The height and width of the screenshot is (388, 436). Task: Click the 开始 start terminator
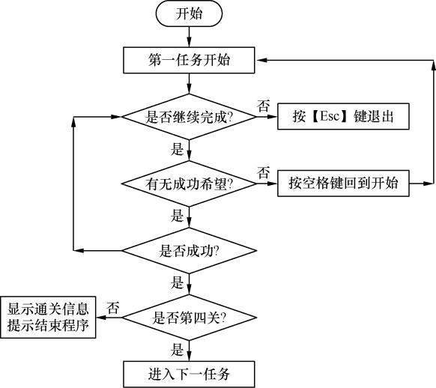click(x=189, y=13)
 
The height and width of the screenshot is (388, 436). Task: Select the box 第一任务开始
click(x=189, y=61)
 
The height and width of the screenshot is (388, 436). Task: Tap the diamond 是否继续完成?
click(x=189, y=117)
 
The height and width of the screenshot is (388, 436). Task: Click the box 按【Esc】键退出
click(x=344, y=117)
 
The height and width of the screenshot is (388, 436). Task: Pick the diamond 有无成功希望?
click(x=189, y=183)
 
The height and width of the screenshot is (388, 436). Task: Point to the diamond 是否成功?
click(x=189, y=249)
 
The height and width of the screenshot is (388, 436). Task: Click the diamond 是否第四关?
click(x=189, y=318)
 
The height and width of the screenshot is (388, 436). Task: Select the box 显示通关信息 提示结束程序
click(x=49, y=318)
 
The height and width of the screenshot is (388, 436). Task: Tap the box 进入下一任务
click(x=189, y=372)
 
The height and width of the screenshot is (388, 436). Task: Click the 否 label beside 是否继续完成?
click(x=264, y=106)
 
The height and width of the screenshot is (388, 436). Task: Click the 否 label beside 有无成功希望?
click(x=264, y=172)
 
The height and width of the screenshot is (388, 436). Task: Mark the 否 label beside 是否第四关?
click(x=113, y=307)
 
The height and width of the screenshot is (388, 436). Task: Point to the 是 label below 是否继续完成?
click(x=178, y=148)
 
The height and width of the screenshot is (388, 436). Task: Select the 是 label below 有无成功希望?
click(x=178, y=216)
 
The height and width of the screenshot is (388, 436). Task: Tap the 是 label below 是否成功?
click(x=178, y=282)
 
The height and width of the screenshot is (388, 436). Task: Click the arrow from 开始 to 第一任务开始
click(x=189, y=36)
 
